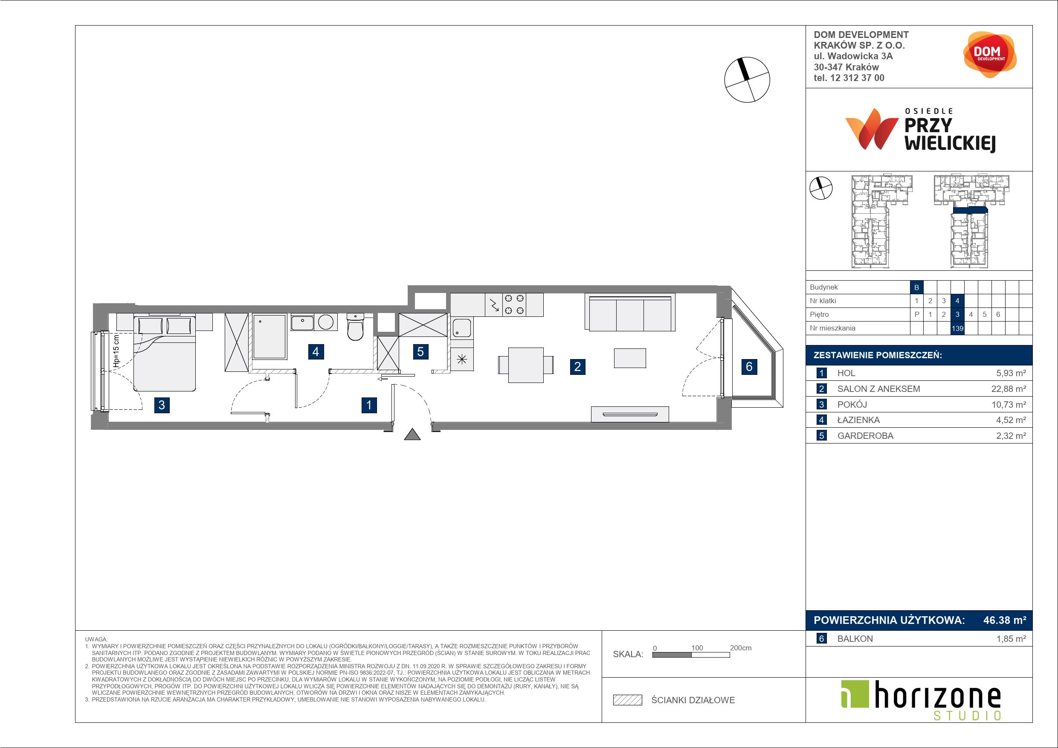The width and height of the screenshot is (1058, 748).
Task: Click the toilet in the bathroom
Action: pos(355,326)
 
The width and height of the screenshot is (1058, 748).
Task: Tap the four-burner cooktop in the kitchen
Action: pos(514,304)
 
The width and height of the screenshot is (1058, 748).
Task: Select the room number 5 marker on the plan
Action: pos(420,352)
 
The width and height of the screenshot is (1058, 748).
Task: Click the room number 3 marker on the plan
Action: pos(162,405)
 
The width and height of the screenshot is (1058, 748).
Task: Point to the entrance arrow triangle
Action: pos(412,434)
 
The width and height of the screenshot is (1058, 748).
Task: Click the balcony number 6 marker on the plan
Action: pos(749,366)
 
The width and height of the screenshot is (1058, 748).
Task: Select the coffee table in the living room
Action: pos(630,358)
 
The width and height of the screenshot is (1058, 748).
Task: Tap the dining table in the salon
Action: pos(526,365)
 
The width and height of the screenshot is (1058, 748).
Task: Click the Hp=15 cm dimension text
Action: pos(116,352)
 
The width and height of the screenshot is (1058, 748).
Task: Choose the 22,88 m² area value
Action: pos(1009,388)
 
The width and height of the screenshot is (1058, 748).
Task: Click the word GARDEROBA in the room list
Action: pos(865,435)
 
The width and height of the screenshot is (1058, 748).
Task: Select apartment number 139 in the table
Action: pos(957,328)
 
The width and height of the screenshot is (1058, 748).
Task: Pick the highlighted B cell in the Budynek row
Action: pos(916,287)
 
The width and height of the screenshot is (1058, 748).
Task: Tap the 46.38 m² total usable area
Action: pos(1005,620)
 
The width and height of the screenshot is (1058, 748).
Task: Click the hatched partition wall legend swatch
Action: pos(627,700)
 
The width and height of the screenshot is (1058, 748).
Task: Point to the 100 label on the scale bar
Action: pos(697,647)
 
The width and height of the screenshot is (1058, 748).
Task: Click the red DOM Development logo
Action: pos(990,55)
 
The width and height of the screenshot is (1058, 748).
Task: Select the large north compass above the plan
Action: pos(747,79)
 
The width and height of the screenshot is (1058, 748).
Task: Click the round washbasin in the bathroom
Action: pos(326,322)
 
